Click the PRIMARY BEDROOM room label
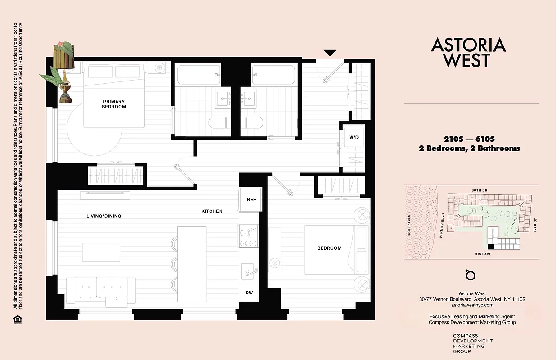(114, 104)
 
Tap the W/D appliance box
(351, 137)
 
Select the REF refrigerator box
(251, 199)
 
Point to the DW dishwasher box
(249, 293)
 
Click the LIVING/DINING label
(104, 216)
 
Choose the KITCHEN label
(212, 211)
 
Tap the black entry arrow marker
(330, 53)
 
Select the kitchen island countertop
(192, 264)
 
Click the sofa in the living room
(101, 292)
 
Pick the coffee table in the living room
(101, 252)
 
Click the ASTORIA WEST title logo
(468, 52)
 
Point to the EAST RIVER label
(409, 225)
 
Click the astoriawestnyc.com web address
(472, 305)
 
